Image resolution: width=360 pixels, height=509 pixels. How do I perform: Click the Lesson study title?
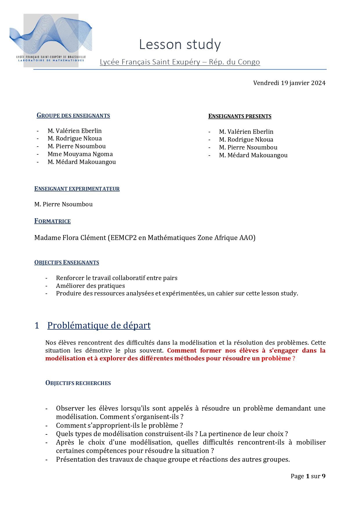pos(180,44)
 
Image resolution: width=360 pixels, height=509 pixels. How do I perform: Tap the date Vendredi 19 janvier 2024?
pos(289,83)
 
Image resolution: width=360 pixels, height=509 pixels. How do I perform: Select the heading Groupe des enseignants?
pos(73,115)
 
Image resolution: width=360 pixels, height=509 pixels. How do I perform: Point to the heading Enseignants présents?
pos(240,116)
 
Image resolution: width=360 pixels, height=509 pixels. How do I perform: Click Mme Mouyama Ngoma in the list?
pos(80,154)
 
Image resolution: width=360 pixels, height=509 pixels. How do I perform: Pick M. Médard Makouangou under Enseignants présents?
pos(253,155)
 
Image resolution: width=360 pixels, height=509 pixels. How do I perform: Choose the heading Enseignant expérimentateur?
pos(77,189)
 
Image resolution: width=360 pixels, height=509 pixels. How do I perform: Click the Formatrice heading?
pos(53,221)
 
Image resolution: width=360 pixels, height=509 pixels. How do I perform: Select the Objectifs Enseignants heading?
pos(67,263)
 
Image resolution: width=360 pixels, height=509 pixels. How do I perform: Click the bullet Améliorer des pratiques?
pos(91,286)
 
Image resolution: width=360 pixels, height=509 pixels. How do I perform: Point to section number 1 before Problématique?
pos(37,326)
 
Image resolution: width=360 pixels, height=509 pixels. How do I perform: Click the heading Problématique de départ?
pos(99,326)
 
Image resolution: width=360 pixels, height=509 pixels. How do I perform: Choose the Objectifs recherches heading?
pos(78,383)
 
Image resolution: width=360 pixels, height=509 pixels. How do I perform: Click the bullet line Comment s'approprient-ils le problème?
pos(119,425)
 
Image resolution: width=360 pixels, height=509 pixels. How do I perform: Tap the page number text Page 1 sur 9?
pos(308,476)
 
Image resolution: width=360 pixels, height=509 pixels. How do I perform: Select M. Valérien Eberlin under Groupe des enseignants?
pos(75,131)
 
